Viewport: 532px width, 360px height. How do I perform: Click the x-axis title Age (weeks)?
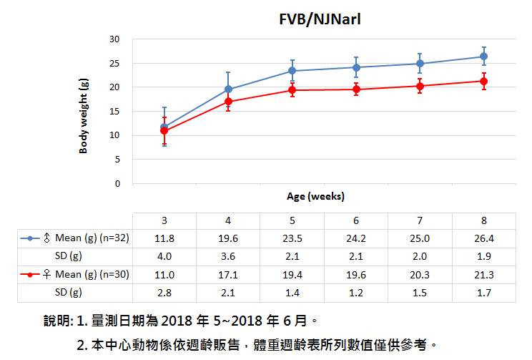pos(316,195)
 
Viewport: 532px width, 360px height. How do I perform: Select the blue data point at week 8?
pos(483,57)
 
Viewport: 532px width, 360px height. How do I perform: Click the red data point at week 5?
pos(292,90)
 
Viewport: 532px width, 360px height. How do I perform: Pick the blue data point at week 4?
pos(228,89)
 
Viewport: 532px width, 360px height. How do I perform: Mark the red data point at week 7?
pos(420,86)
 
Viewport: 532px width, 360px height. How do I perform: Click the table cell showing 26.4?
pos(483,238)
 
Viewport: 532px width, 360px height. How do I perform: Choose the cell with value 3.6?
pos(228,256)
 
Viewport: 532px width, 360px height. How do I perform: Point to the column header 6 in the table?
pos(355,220)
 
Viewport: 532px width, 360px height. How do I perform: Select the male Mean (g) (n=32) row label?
pos(85,238)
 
